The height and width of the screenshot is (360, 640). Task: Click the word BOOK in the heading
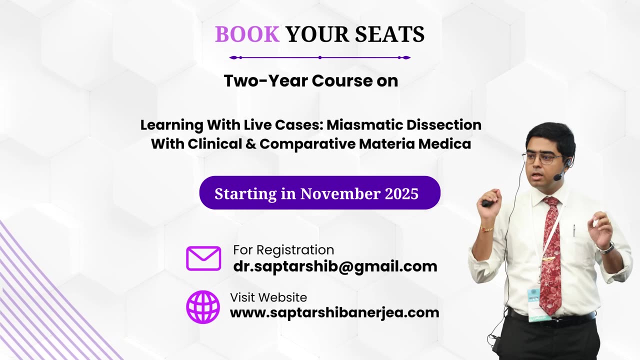click(247, 34)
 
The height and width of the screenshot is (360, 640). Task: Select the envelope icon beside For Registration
click(203, 258)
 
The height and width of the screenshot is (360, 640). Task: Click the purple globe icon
click(203, 306)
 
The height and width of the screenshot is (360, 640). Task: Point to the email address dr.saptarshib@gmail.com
click(335, 266)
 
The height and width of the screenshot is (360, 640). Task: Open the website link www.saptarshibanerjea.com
click(334, 312)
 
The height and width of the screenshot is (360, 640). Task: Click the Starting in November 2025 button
click(319, 193)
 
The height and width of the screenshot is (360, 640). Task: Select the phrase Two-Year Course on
click(310, 80)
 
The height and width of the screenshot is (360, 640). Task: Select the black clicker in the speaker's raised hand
click(486, 203)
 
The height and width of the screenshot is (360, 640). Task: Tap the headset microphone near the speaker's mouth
click(557, 176)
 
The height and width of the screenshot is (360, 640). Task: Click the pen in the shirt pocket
click(574, 230)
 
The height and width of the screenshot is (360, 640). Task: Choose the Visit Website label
click(268, 297)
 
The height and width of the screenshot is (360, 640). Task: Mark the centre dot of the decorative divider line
click(320, 57)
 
